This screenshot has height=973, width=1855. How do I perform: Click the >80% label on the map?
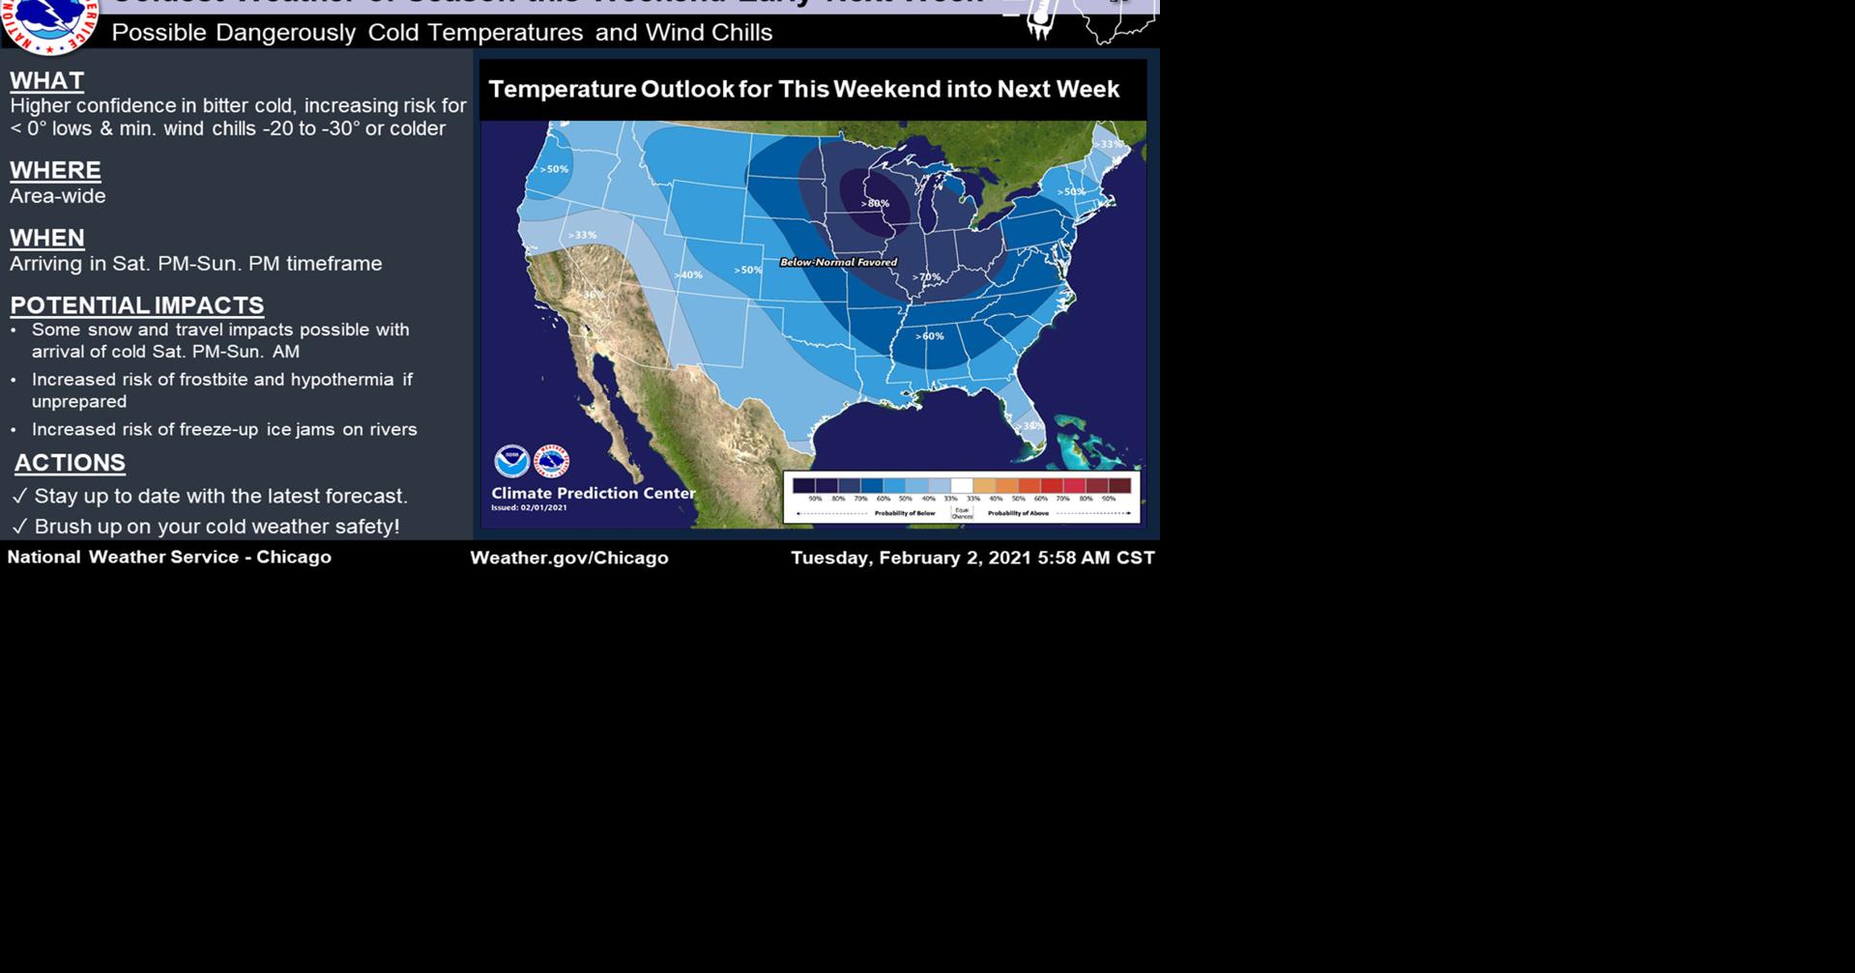click(875, 203)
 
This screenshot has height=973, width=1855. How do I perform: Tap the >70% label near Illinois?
click(926, 277)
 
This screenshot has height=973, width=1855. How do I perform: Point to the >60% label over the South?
click(930, 336)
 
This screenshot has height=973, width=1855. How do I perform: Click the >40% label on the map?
click(688, 275)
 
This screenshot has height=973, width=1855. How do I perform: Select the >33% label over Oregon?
click(582, 235)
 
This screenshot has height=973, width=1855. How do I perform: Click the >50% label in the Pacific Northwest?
click(554, 169)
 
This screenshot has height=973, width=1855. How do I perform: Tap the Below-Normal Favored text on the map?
click(838, 262)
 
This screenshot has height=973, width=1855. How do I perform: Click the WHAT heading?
click(46, 80)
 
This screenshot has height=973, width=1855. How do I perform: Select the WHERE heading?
click(55, 170)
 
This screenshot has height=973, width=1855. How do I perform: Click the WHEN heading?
click(46, 238)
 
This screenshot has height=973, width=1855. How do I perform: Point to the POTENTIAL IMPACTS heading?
click(136, 305)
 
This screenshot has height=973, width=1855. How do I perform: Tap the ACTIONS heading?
click(70, 463)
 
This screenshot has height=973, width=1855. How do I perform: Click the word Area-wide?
click(58, 196)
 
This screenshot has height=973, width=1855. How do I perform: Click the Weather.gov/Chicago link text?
click(568, 558)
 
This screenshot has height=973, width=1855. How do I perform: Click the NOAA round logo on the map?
click(511, 461)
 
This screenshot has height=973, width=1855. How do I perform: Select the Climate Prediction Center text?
click(593, 493)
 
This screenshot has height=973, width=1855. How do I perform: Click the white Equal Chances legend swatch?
click(962, 486)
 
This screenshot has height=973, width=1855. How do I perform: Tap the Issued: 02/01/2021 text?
click(529, 507)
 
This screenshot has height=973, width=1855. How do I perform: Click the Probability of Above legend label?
click(1017, 513)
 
